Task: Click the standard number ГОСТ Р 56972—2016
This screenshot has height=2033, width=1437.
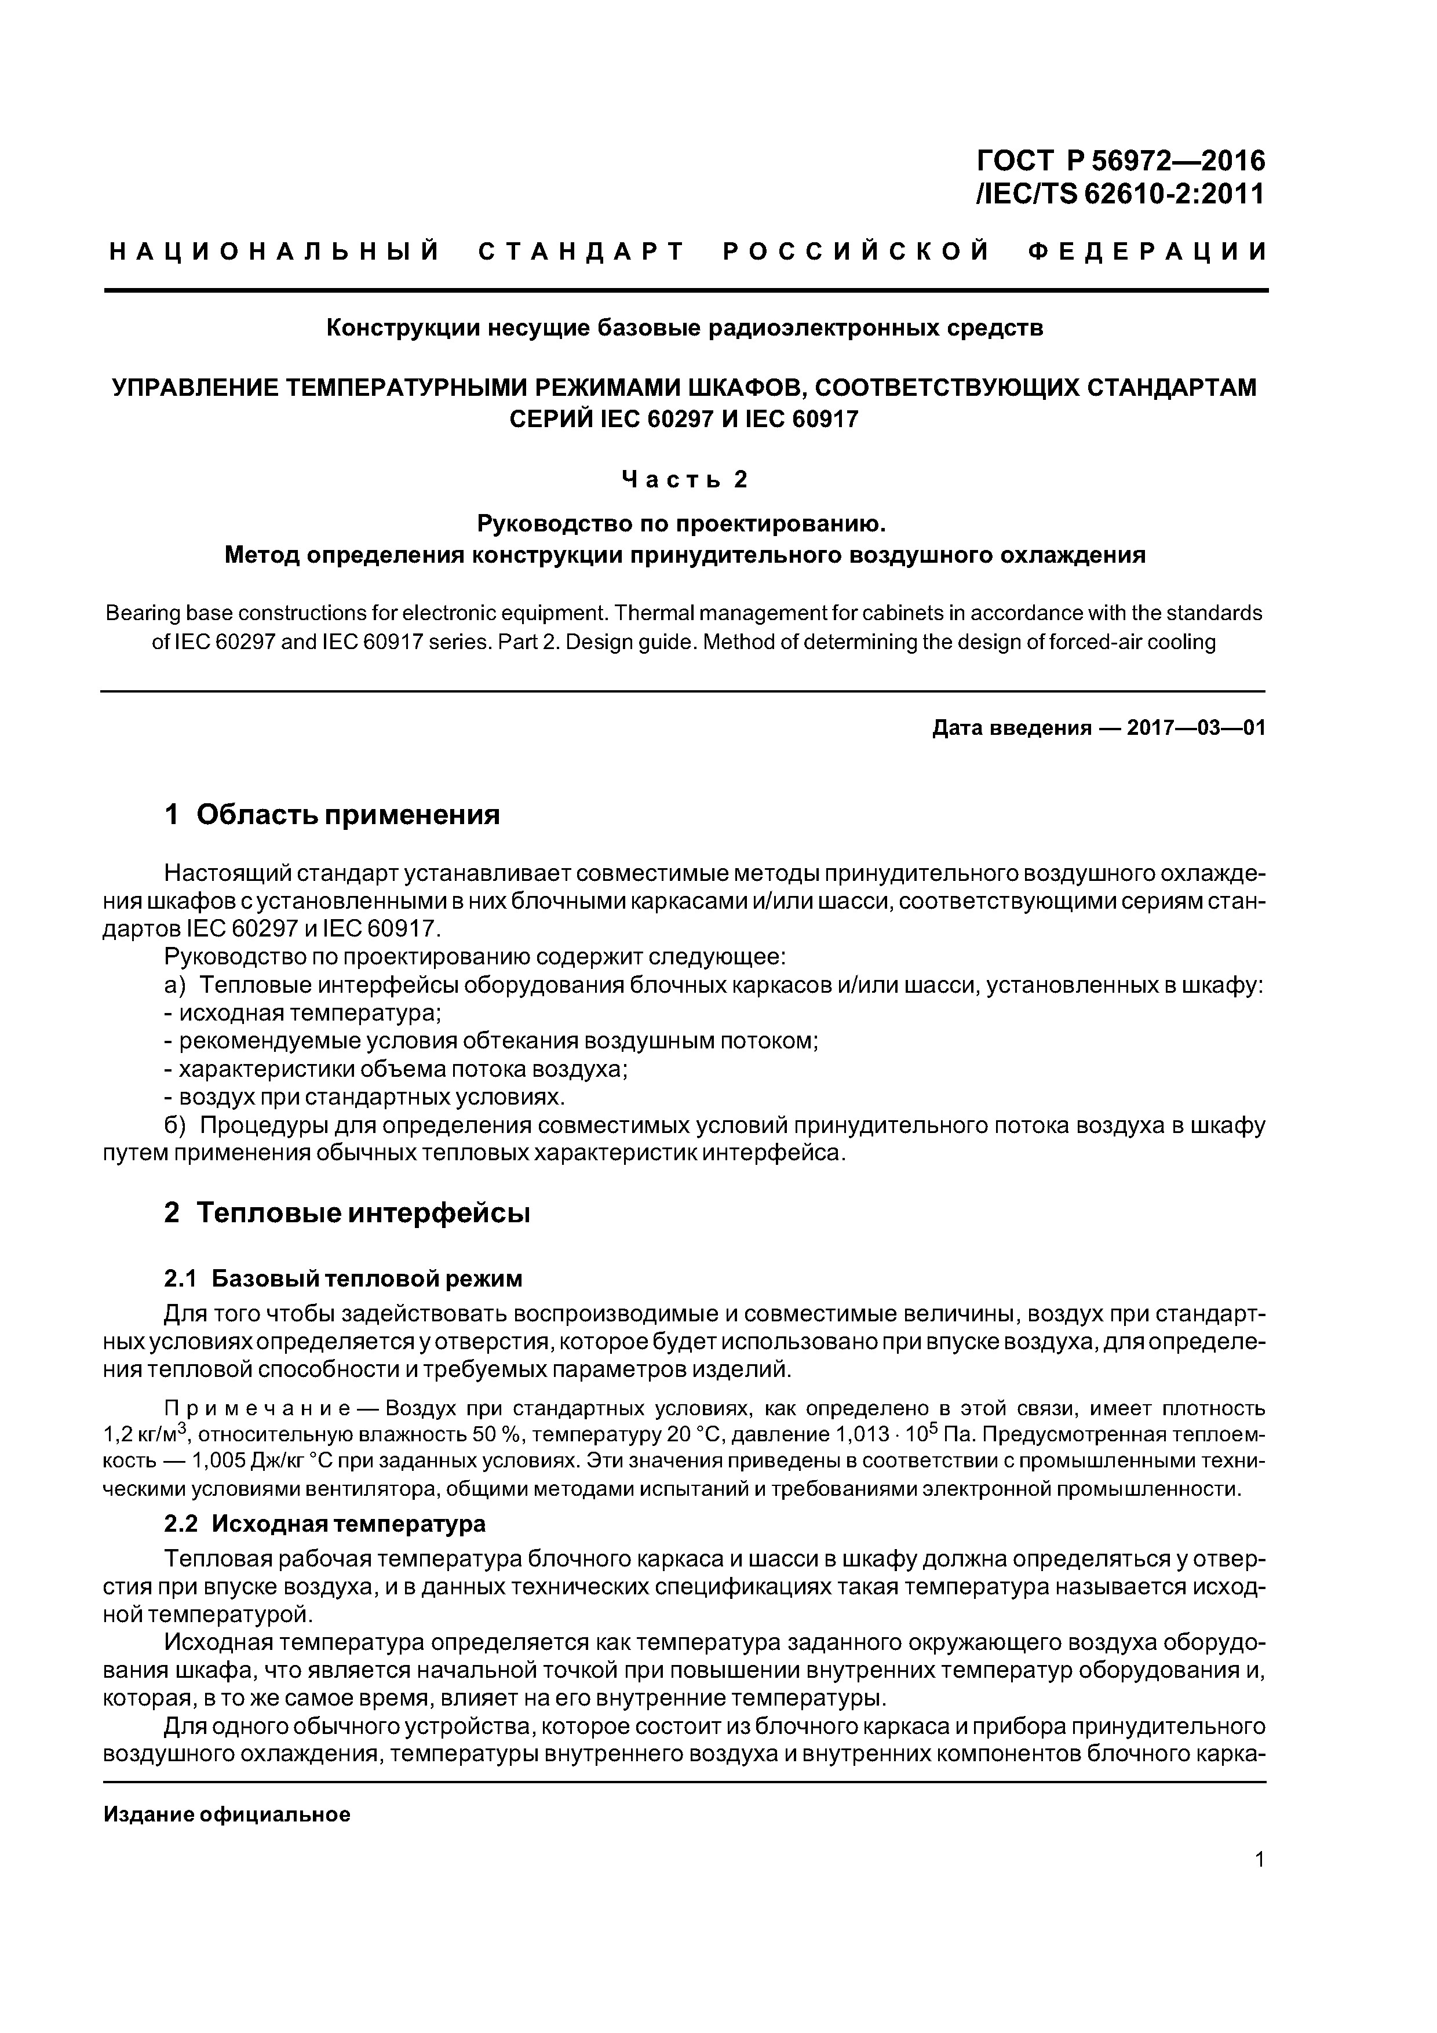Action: coord(1120,161)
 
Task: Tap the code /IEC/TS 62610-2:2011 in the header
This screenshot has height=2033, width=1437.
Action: coord(1118,193)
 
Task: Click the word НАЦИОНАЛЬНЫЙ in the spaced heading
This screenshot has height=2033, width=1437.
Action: coord(275,252)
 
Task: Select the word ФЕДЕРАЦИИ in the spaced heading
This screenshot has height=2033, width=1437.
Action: coord(1148,252)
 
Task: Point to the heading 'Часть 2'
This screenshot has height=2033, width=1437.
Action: coord(684,479)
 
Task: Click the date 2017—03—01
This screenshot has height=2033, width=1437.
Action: coord(1195,728)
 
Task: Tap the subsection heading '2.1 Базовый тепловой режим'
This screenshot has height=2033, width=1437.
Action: coord(344,1278)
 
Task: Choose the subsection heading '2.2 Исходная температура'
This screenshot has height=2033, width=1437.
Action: coord(325,1524)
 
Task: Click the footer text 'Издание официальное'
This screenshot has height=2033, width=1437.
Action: coord(227,1815)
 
